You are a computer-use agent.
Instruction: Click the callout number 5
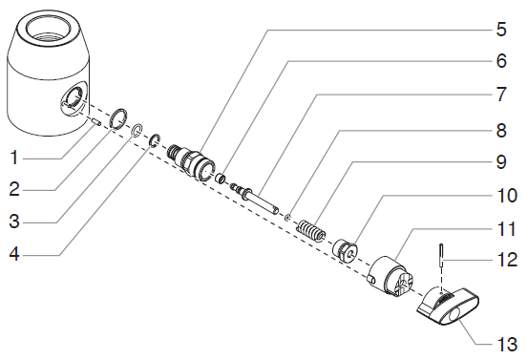[501, 30]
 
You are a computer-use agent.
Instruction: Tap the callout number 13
[507, 345]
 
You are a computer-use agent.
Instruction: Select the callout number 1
[14, 158]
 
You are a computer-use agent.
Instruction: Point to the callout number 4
[13, 254]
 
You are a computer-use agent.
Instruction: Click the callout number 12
[507, 260]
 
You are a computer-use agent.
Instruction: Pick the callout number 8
[501, 131]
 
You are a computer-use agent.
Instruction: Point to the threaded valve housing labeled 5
[191, 161]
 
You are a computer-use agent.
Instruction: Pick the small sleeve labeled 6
[221, 178]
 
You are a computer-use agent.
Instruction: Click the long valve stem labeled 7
[255, 200]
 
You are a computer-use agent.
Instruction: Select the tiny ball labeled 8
[287, 218]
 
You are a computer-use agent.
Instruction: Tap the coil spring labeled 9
[311, 230]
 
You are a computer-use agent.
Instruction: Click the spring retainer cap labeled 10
[345, 250]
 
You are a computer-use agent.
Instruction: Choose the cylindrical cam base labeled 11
[390, 277]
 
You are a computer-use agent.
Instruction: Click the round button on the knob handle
[454, 317]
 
